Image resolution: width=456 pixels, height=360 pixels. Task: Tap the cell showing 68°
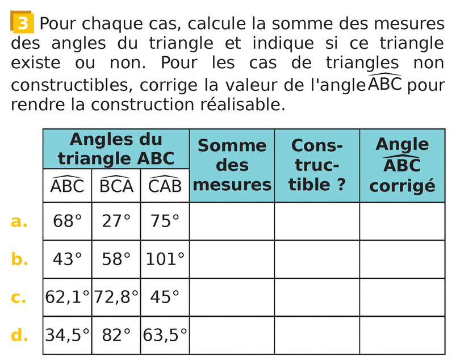tap(67, 221)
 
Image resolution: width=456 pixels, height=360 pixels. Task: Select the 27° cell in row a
tap(116, 221)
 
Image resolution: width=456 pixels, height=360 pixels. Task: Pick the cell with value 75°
tap(165, 221)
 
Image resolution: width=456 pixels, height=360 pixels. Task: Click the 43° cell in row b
tap(67, 259)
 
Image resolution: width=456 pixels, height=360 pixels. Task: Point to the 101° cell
tap(165, 259)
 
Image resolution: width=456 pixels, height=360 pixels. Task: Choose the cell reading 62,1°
tap(67, 297)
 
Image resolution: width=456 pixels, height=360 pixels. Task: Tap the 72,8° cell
tap(116, 297)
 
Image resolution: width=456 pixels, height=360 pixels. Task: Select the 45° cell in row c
tap(165, 297)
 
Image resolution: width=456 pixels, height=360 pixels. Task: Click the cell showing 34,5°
tap(67, 335)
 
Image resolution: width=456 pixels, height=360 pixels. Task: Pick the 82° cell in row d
tap(116, 335)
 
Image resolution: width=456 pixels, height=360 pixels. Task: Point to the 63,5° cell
tap(165, 335)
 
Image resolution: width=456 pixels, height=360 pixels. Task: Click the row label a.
tap(19, 221)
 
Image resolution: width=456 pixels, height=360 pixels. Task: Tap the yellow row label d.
tap(19, 335)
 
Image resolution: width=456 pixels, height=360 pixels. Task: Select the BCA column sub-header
tap(116, 186)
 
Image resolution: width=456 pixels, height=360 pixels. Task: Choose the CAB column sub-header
tap(165, 186)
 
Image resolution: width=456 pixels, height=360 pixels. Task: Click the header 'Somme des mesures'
tap(232, 165)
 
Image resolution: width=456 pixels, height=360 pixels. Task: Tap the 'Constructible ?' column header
tap(317, 165)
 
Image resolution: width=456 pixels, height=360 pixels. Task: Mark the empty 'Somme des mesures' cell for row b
tap(232, 259)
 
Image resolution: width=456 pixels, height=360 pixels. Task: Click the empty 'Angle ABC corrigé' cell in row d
tap(402, 335)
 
